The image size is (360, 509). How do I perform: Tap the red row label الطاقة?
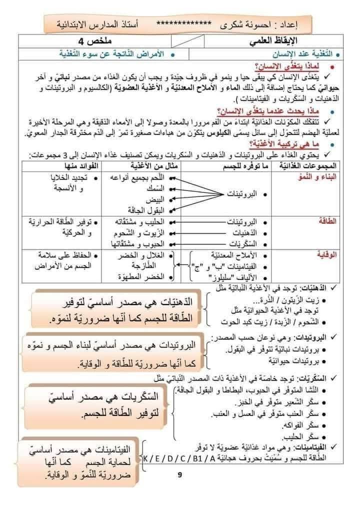pos(327,220)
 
